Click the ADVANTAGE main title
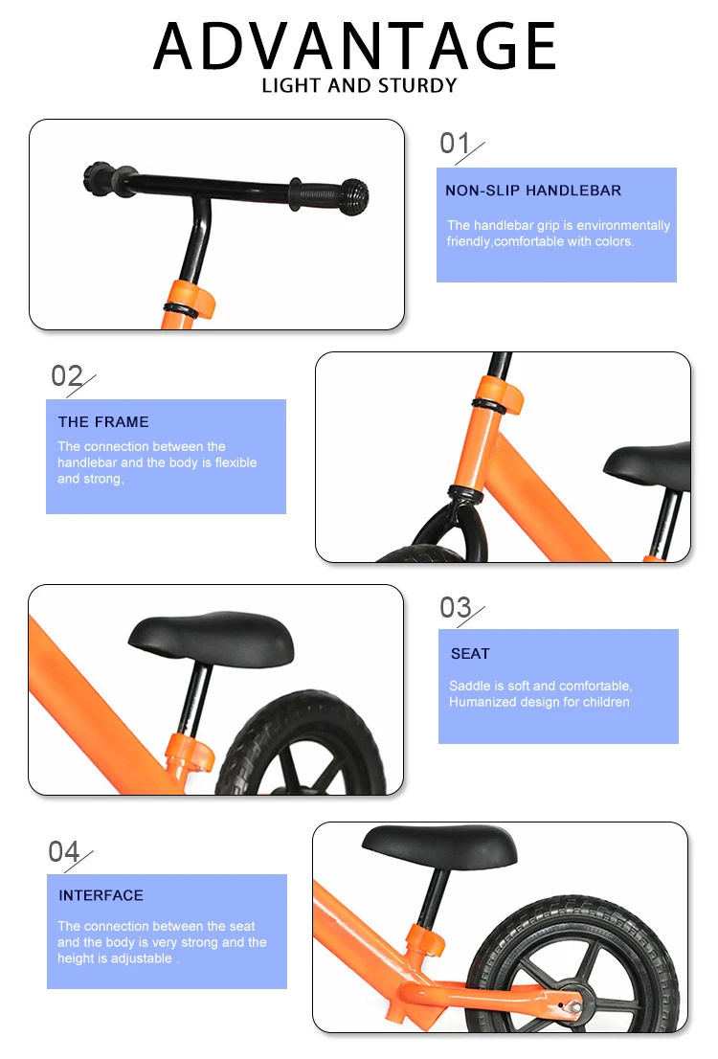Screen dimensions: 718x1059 (354, 46)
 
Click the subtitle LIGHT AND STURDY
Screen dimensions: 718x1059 (359, 86)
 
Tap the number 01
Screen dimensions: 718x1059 (454, 144)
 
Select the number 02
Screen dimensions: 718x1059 (66, 375)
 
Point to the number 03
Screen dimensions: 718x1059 (456, 607)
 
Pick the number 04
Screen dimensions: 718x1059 (63, 851)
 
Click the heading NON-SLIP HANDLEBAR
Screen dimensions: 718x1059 (533, 191)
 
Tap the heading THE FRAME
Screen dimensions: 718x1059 (103, 422)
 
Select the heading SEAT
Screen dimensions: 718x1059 (470, 654)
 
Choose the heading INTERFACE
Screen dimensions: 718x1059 (101, 895)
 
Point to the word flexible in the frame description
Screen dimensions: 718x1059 (236, 462)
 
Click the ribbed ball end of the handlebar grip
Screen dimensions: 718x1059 (354, 196)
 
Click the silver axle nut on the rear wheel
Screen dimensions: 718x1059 (576, 1007)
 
